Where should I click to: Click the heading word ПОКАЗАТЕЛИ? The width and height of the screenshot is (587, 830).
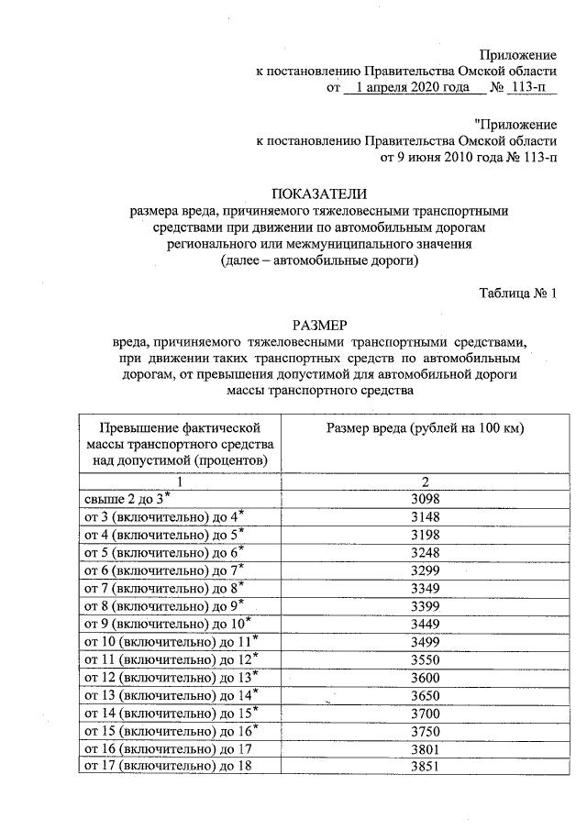319,194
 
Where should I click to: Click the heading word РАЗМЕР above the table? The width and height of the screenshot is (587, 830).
319,325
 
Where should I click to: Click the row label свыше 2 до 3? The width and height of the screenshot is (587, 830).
124,499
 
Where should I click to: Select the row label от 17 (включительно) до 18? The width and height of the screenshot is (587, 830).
166,766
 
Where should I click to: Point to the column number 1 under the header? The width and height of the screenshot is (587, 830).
180,481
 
